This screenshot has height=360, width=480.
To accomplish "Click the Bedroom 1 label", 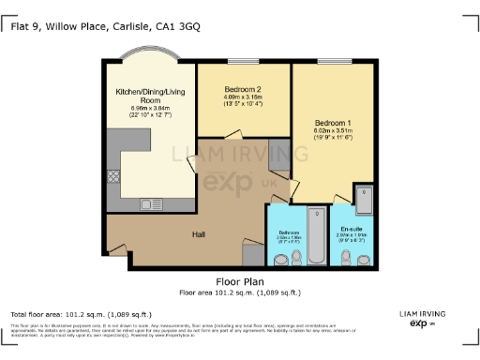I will tap(333, 123).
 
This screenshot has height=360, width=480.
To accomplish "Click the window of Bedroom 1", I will tap(334, 62).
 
